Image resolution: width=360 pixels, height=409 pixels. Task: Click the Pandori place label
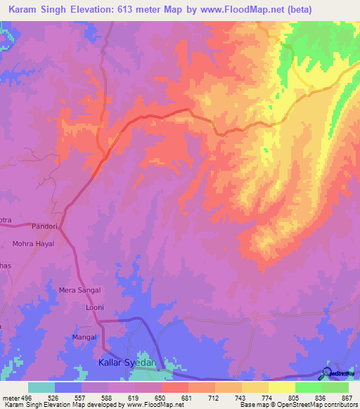click(45, 227)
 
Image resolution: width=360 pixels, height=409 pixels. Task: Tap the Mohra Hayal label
click(32, 244)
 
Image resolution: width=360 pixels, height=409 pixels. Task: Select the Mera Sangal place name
click(79, 290)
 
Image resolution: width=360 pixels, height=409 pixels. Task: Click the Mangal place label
click(84, 338)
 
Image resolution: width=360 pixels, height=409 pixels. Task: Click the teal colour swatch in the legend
click(41, 387)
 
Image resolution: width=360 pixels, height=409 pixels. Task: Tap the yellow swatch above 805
click(281, 387)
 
